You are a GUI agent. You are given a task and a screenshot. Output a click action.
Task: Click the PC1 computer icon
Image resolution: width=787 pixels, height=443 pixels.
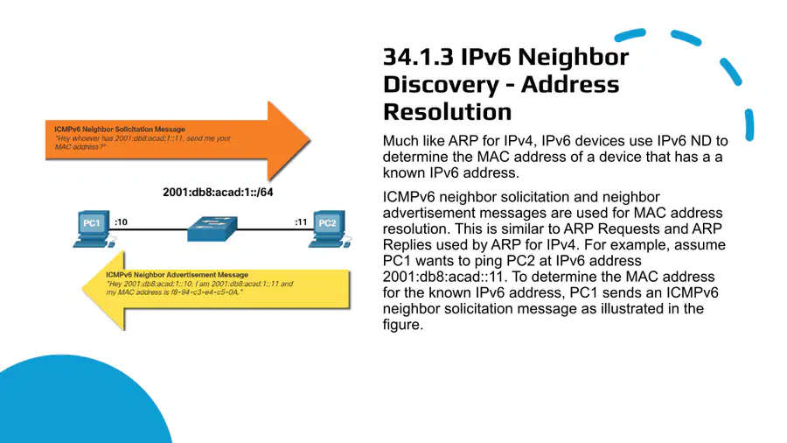click(x=93, y=229)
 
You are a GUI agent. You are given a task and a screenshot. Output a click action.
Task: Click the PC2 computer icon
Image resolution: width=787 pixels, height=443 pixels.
click(x=329, y=229)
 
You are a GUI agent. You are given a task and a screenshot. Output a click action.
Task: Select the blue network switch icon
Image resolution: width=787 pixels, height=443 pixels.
click(x=212, y=229)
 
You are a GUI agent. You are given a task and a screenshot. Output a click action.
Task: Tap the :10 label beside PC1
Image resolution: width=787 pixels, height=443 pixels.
click(x=121, y=222)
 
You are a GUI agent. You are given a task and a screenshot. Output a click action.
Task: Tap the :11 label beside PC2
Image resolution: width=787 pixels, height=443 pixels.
click(x=301, y=222)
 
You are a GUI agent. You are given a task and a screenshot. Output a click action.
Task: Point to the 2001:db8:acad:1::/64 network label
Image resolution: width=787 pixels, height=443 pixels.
click(x=218, y=193)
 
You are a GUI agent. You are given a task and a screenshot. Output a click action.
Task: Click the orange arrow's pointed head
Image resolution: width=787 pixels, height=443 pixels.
click(x=310, y=141)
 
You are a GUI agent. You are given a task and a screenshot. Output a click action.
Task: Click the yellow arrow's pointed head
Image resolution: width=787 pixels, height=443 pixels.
click(x=83, y=290)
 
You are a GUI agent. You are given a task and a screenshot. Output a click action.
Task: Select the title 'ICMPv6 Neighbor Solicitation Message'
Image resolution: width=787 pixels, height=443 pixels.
click(x=120, y=129)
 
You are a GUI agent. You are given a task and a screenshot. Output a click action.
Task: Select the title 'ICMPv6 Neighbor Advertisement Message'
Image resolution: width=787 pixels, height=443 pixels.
click(x=178, y=275)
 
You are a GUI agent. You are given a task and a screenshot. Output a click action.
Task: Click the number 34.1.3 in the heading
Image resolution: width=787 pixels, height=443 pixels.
click(x=419, y=57)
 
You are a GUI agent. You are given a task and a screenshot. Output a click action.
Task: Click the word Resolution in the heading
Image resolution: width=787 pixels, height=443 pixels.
click(x=447, y=112)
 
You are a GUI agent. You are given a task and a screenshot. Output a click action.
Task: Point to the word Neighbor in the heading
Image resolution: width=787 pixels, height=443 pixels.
click(x=573, y=57)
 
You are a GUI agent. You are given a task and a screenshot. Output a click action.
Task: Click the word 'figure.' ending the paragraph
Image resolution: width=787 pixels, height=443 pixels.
click(x=403, y=325)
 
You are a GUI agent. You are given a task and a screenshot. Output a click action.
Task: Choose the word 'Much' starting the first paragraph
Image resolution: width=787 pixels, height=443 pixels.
click(x=400, y=141)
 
